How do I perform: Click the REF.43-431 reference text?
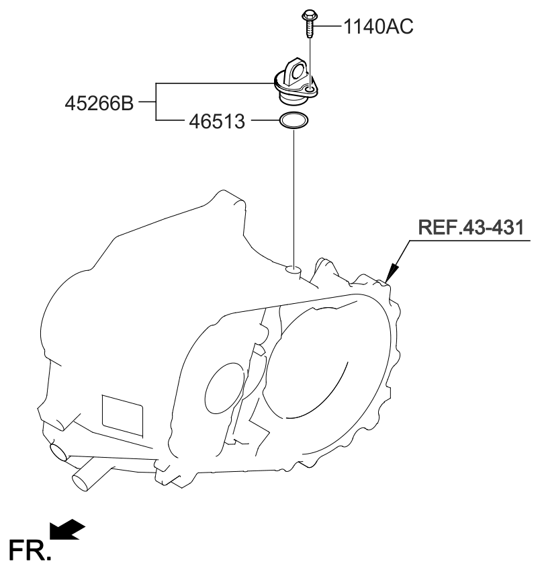tap(470, 227)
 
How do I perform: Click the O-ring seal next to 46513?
tap(294, 122)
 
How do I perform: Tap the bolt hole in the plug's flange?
tap(310, 87)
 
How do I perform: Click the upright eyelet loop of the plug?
tap(294, 70)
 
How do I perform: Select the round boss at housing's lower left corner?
tap(58, 451)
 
